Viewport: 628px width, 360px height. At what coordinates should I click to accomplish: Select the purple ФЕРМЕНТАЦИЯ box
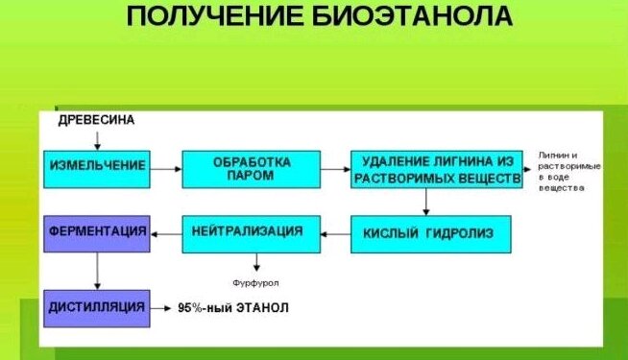(x=97, y=233)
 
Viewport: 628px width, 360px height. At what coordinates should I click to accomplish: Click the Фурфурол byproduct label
(x=255, y=283)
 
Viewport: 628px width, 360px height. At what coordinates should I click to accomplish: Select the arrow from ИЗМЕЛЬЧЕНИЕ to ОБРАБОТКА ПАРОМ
(x=167, y=168)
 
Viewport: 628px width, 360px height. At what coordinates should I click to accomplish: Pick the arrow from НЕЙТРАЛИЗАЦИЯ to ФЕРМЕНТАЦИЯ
(x=167, y=231)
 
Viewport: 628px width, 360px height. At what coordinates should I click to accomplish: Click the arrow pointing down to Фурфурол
(x=255, y=263)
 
